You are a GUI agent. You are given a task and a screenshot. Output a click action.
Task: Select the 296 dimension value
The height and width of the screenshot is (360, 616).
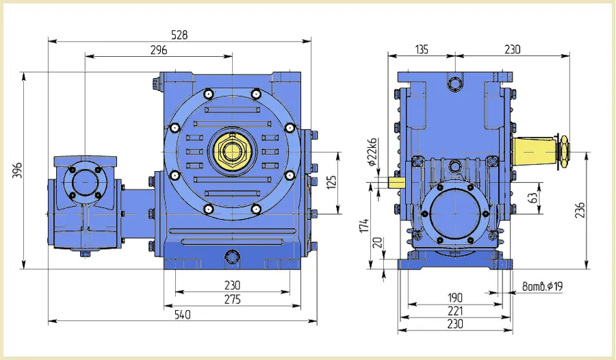[x=159, y=49]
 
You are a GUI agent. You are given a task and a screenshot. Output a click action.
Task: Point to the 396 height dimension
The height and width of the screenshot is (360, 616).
[x=17, y=170]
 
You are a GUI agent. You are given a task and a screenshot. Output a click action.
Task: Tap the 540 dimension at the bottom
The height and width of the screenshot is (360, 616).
[x=181, y=315]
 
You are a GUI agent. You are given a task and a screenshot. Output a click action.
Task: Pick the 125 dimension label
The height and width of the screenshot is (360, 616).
[x=333, y=184]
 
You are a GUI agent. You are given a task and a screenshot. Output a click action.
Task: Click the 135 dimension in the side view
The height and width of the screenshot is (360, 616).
[x=422, y=49]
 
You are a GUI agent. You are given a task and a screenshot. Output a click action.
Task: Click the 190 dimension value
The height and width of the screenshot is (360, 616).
[x=456, y=298]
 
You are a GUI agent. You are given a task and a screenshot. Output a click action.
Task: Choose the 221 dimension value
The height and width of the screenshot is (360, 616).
[x=456, y=311]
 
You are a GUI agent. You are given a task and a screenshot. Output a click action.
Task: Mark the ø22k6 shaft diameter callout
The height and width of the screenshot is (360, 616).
[x=372, y=152]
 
